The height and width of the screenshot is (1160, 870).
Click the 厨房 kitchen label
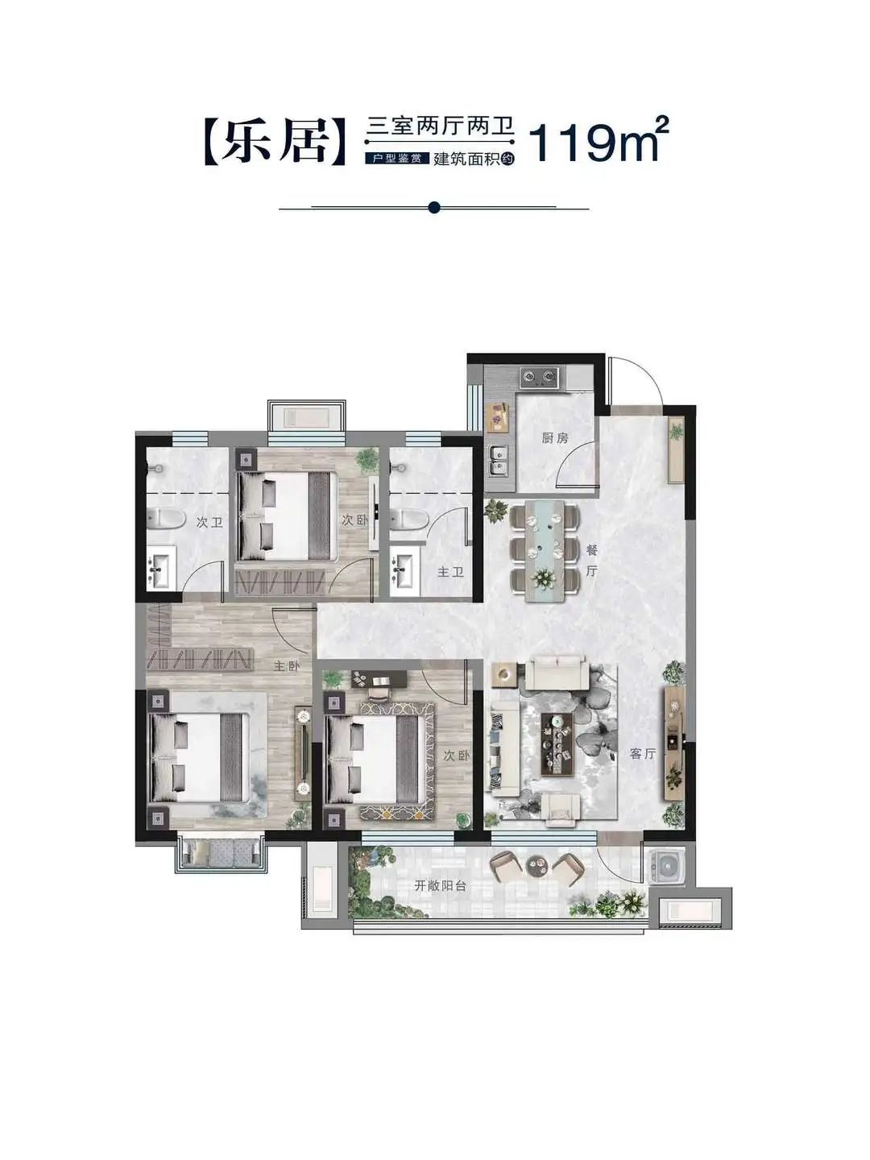[555, 438]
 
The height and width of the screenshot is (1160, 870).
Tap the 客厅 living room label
[642, 754]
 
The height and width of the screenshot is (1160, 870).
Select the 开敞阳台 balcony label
[440, 886]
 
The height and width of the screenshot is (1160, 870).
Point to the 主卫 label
[450, 572]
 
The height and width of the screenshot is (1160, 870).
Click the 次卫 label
[209, 523]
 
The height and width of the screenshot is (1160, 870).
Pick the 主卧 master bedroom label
[286, 666]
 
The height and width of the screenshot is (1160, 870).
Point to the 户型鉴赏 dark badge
[396, 157]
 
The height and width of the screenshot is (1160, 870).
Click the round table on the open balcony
[539, 864]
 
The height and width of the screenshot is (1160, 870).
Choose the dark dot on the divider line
[434, 208]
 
